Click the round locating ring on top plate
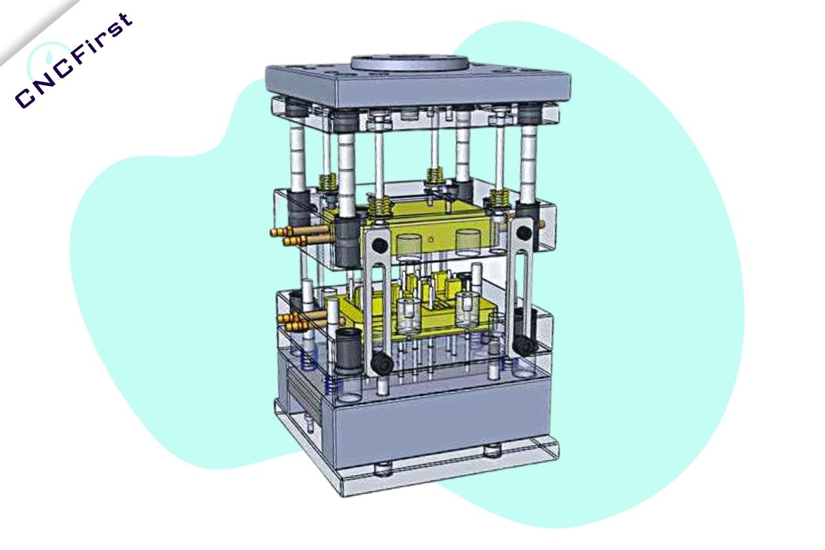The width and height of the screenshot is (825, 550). pos(409,62)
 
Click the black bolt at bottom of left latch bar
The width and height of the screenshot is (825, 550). pos(379,363)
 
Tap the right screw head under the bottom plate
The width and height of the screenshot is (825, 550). pos(491,451)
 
